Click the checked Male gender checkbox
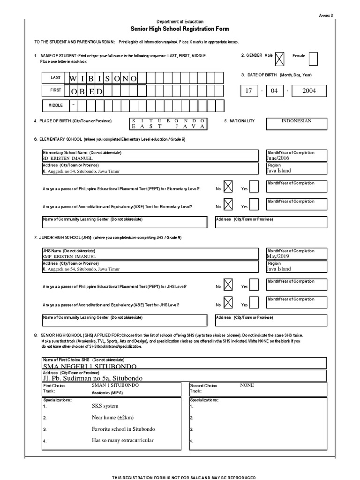(279, 58)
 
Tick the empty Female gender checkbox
(314, 58)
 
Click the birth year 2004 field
(309, 90)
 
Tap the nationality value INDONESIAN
(296, 121)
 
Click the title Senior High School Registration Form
(180, 29)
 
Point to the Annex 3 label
(325, 15)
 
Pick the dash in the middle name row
(73, 105)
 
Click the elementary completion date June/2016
(279, 158)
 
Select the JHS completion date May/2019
(279, 257)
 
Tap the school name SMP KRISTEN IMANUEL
(69, 257)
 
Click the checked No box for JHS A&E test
(227, 303)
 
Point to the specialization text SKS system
(105, 406)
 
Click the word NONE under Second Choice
(247, 385)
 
